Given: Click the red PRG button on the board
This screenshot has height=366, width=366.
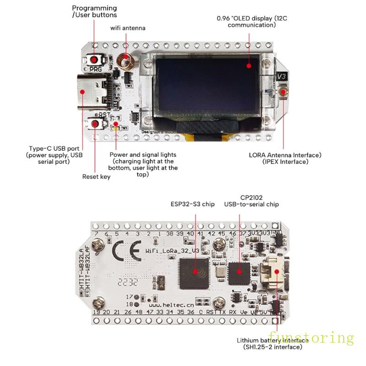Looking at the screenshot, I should [95, 60].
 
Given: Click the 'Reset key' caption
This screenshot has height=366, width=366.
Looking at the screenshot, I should [96, 177].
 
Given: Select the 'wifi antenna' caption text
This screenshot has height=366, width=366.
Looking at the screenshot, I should [128, 28].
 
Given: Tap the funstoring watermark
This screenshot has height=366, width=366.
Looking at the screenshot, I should [311, 338].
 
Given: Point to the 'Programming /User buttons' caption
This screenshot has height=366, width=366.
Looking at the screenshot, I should [94, 12].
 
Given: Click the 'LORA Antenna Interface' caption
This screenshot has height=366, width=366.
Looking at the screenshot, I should [285, 155].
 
